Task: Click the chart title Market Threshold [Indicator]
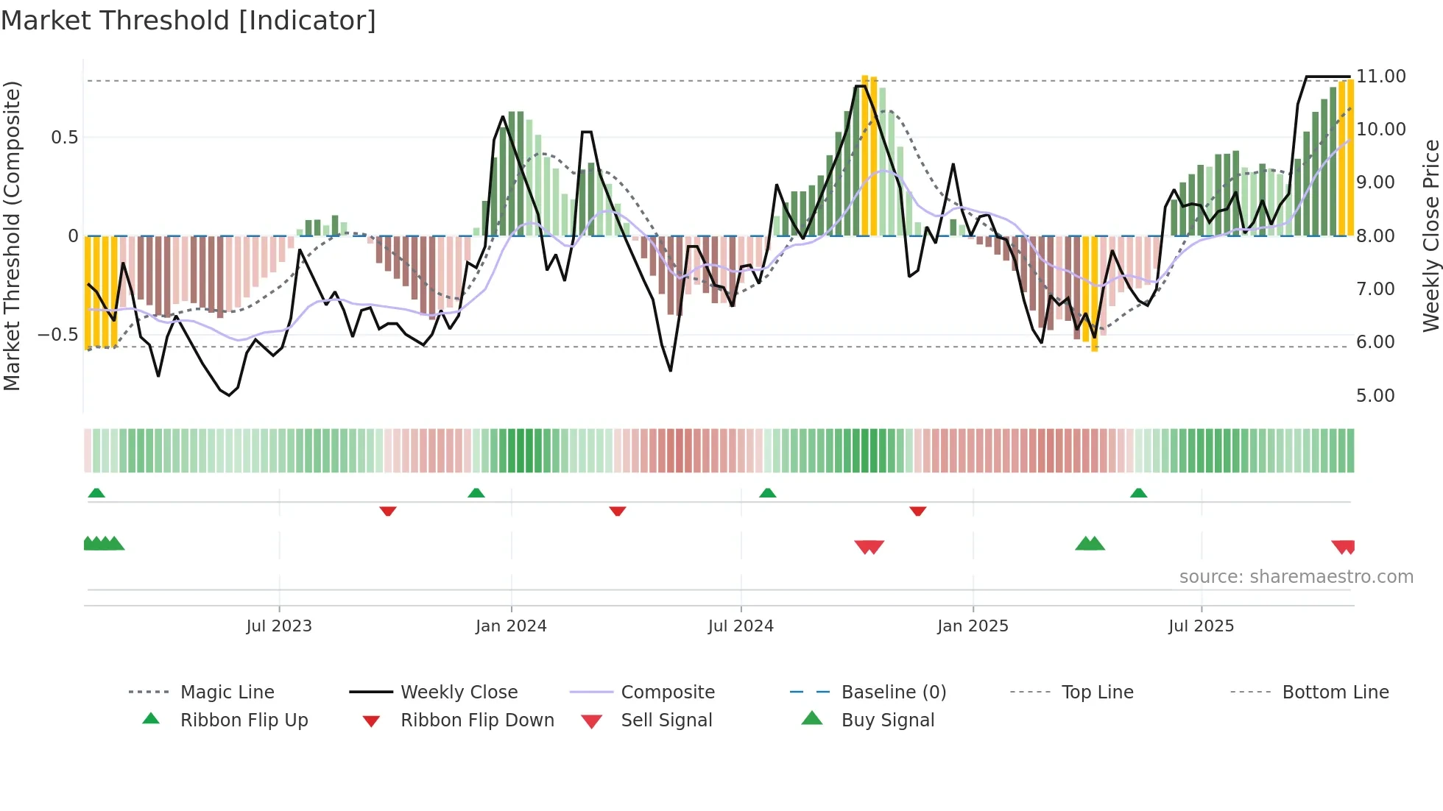click(x=188, y=21)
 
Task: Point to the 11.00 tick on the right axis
click(x=1380, y=77)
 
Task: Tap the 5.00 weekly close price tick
click(x=1375, y=396)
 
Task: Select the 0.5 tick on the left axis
click(x=64, y=138)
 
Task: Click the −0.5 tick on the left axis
click(x=57, y=335)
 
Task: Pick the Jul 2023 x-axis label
click(x=279, y=626)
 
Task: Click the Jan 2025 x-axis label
click(x=973, y=626)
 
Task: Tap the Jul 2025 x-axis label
click(x=1201, y=626)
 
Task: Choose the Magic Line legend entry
click(x=227, y=693)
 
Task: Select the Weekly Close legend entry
click(x=459, y=693)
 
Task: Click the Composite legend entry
click(x=667, y=693)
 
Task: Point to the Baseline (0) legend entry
click(x=893, y=693)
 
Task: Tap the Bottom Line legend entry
click(x=1335, y=693)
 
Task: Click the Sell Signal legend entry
click(x=666, y=720)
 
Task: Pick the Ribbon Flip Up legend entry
click(x=244, y=720)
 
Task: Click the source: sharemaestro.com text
click(x=1296, y=577)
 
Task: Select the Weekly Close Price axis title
click(x=1430, y=235)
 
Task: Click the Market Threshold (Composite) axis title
click(x=12, y=235)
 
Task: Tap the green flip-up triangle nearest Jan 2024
click(x=476, y=493)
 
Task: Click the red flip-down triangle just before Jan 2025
click(x=917, y=511)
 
